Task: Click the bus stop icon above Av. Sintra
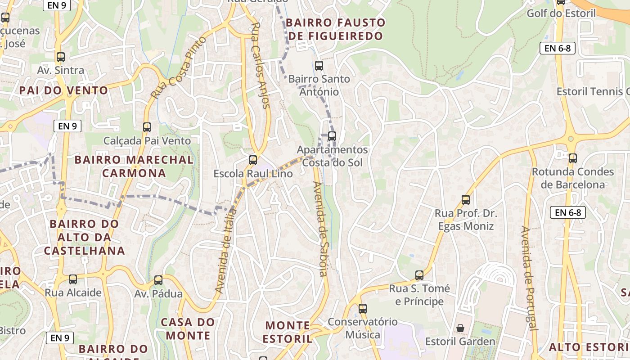[61, 57]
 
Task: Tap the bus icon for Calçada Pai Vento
[147, 127]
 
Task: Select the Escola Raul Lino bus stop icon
[253, 160]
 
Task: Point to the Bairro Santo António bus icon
[319, 66]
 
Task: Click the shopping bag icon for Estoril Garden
[460, 328]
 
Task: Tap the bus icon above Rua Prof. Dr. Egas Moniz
[466, 199]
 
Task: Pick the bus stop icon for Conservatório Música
[363, 309]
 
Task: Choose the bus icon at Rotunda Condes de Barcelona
[572, 158]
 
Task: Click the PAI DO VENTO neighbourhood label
[64, 90]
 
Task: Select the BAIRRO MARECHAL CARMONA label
[134, 166]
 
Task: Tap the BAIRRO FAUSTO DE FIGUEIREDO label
[336, 29]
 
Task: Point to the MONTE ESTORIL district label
[288, 332]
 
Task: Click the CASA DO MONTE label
[188, 328]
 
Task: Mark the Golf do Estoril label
[567, 13]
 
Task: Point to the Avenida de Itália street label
[225, 251]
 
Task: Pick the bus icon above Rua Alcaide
[73, 279]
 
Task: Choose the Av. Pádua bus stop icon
[158, 280]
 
